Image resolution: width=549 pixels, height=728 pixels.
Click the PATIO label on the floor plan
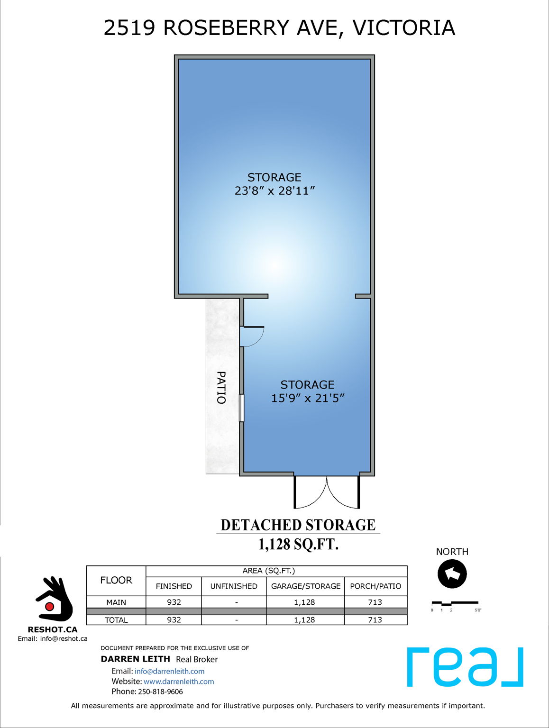pos(221,387)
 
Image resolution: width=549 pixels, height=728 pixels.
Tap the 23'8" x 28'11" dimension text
pos(274,191)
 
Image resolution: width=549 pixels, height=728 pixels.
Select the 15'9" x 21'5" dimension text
pos(307,398)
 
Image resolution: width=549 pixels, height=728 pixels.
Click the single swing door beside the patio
pos(251,336)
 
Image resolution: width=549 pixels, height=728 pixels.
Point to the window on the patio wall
pos(241,408)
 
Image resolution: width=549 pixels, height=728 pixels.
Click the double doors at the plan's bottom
pos(327,492)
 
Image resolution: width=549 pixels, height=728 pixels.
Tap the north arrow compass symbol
pos(452,573)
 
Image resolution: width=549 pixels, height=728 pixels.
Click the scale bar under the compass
pos(455,603)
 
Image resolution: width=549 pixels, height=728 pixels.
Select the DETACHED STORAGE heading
pos(298,525)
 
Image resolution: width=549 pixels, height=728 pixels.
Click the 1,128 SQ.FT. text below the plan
pos(298,544)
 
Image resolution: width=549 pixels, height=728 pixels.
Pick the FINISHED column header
pos(174,586)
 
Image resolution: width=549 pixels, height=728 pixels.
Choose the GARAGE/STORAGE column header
pos(305,586)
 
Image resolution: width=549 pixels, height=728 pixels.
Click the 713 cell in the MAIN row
pos(375,602)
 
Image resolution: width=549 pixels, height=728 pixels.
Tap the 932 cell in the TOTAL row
pos(174,620)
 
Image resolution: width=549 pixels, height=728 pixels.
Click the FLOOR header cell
pos(116,580)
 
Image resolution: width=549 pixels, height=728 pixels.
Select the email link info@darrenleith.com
pos(169,671)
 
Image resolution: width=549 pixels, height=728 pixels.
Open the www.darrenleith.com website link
pos(179,682)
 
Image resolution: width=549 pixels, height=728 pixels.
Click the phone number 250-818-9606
pos(160,692)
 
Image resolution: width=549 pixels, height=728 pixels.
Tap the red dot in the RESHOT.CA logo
pos(49,606)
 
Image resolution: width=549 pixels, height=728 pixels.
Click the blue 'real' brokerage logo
pos(465,666)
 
